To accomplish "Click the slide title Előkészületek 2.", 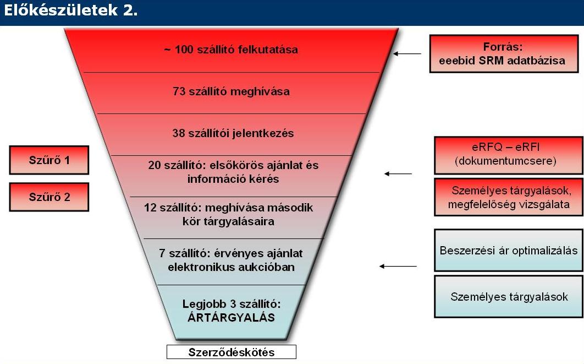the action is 71,10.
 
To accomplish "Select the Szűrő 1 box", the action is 49,160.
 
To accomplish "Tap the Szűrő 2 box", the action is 49,197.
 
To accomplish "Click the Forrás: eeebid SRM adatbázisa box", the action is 504,54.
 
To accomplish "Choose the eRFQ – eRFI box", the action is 509,155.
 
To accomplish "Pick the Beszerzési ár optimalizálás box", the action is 509,250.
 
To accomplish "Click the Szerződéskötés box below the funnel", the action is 232,352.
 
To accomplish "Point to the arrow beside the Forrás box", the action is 407,54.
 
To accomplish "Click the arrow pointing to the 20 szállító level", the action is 398,174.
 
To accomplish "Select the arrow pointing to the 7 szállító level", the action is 398,267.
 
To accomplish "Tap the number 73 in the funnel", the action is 179,91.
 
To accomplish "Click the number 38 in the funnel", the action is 179,133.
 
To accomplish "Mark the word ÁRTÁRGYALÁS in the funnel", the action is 232,317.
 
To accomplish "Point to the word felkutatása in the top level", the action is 268,50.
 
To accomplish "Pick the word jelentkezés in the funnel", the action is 263,133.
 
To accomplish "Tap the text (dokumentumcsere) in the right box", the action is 505,161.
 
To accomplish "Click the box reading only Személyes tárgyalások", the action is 509,296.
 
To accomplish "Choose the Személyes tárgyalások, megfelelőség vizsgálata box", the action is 509,197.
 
